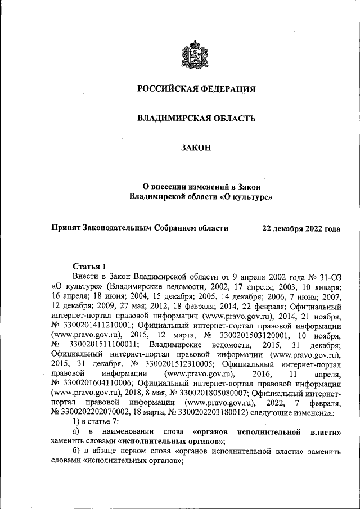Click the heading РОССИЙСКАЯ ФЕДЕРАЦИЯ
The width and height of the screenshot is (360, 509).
(196, 89)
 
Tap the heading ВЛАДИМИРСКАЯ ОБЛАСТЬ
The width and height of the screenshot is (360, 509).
(196, 119)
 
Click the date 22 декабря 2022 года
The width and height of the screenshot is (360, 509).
(301, 228)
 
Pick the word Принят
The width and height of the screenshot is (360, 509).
(66, 228)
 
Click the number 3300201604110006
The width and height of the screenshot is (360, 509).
(97, 384)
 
